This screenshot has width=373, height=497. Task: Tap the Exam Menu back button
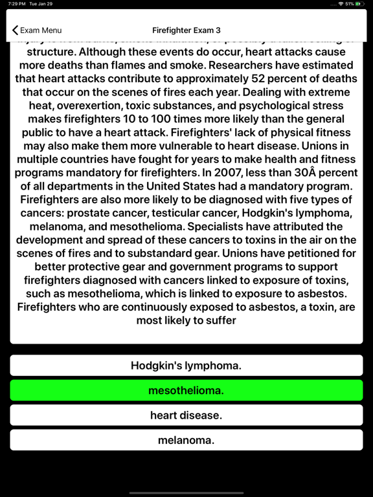click(x=37, y=30)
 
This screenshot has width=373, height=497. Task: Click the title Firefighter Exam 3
click(x=186, y=30)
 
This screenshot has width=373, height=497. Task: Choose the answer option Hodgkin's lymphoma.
click(x=186, y=366)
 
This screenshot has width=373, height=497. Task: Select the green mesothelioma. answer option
click(x=186, y=390)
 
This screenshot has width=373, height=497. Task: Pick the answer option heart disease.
click(x=186, y=415)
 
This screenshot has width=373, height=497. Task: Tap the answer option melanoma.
click(x=186, y=440)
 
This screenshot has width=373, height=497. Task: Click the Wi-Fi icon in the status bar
click(x=341, y=4)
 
